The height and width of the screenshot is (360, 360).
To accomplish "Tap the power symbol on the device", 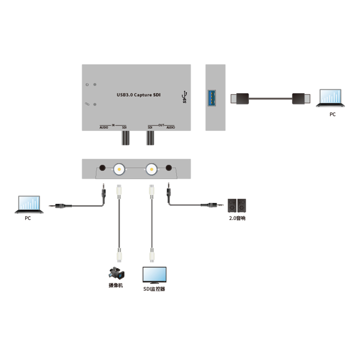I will click(x=87, y=84).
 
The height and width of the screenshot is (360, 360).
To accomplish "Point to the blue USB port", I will click(x=211, y=98).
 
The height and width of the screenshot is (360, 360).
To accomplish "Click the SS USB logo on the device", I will click(x=184, y=97).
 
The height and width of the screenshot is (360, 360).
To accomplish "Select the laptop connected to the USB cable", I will click(x=332, y=99).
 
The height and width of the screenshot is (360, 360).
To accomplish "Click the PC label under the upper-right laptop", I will click(x=332, y=115).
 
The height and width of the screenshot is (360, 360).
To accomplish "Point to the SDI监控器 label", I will click(x=154, y=289).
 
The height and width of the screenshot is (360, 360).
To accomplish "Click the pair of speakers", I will click(x=237, y=206).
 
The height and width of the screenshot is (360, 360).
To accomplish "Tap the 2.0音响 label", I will click(x=237, y=218).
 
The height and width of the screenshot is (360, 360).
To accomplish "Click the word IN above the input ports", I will click(x=113, y=124).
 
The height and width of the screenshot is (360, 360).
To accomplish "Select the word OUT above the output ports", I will click(x=161, y=124).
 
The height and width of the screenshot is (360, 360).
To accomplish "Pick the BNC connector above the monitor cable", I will click(x=152, y=170).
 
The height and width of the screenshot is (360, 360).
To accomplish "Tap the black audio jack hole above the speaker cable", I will click(x=169, y=168).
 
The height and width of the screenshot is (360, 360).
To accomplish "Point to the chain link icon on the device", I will click(x=87, y=104).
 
